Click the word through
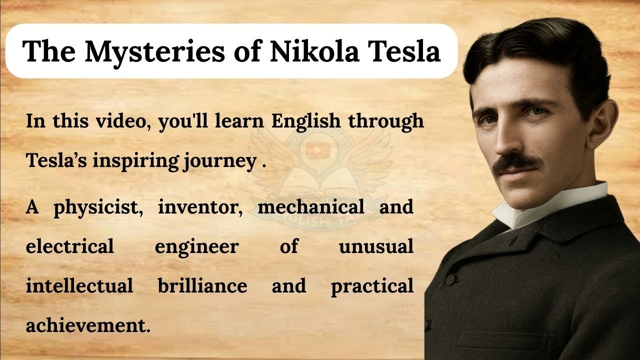click(386, 121)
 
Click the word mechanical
click(310, 206)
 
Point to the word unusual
click(376, 246)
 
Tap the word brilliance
click(202, 286)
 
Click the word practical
click(372, 286)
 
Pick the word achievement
click(87, 325)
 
